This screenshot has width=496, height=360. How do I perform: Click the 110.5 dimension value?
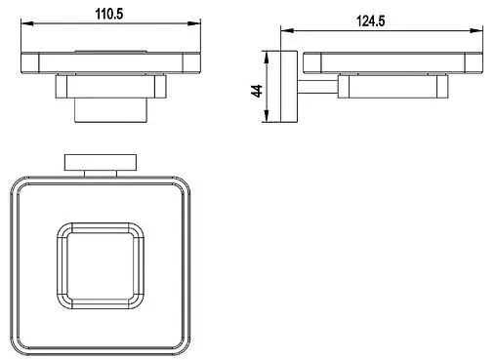coord(109,15)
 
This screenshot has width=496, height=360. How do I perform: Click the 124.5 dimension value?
coord(371,21)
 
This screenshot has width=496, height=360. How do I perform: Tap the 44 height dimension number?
coord(257,91)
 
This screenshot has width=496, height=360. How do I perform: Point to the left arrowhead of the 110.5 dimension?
coord(27,23)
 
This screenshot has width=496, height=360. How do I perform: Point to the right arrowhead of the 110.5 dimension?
coord(194,23)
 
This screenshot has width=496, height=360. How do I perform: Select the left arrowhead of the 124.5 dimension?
coord(287,30)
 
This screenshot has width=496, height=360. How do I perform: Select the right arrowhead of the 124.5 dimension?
coord(476,30)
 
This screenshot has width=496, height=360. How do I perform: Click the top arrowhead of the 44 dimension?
coord(267,58)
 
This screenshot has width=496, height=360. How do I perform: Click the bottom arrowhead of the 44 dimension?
coord(267,116)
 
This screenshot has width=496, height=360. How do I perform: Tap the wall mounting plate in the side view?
coord(289,87)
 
